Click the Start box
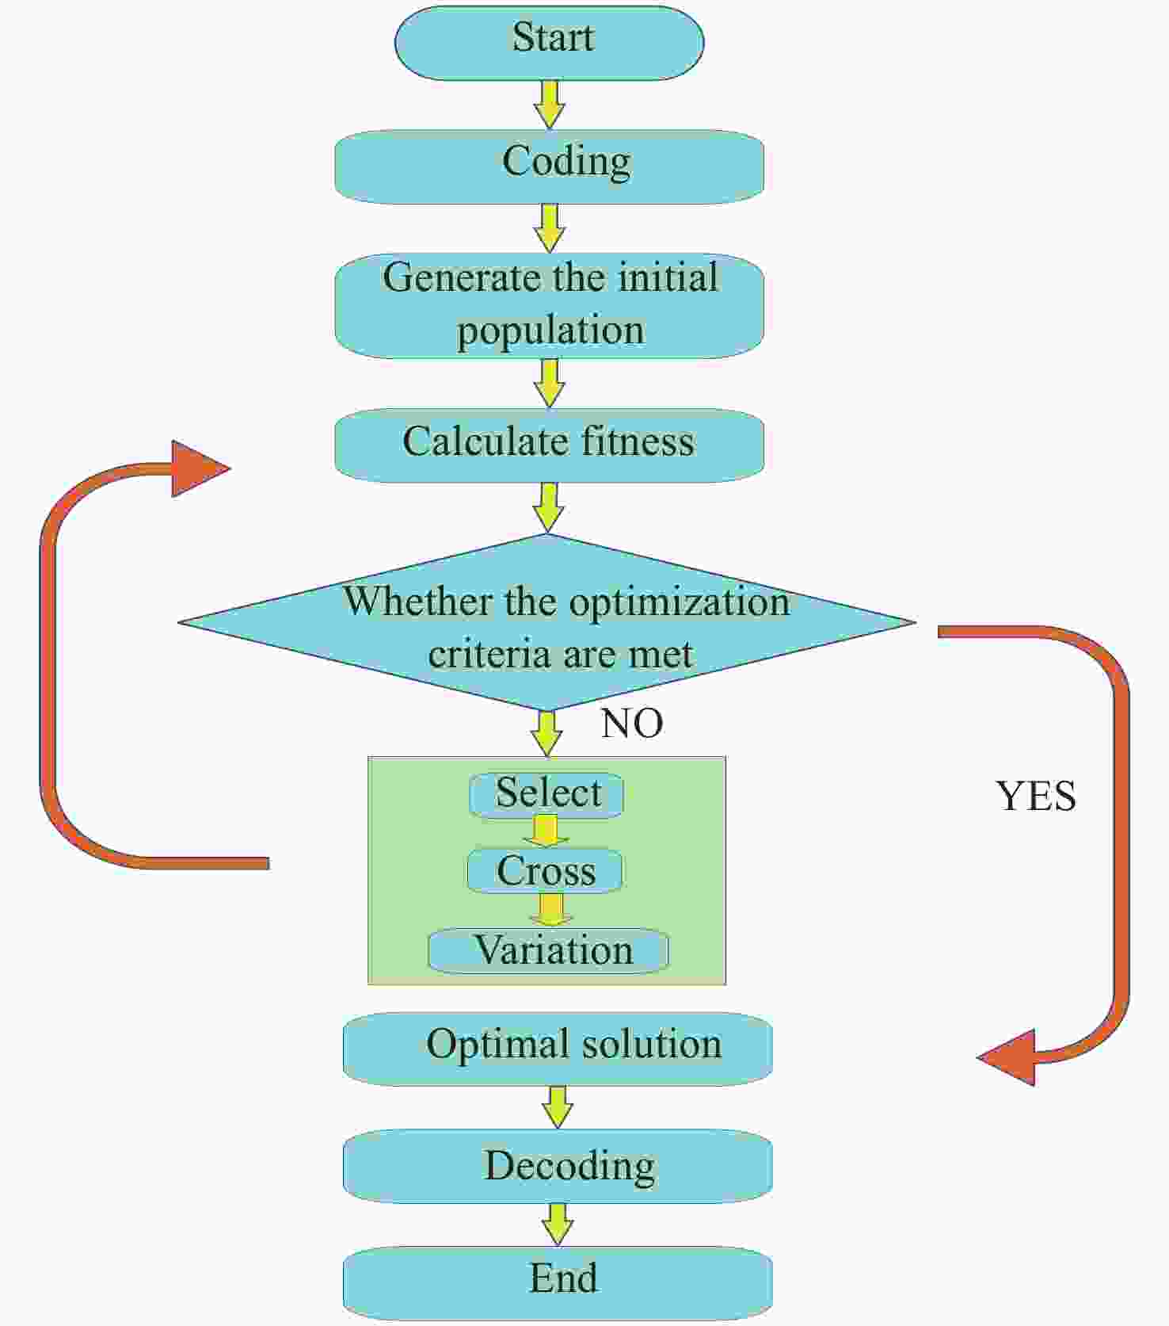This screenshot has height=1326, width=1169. coord(550,43)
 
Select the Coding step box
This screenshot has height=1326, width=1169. coord(549,166)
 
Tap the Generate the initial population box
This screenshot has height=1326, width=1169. coord(549,306)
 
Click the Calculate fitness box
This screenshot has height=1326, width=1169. coord(549,445)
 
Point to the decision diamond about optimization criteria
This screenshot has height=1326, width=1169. coord(547,622)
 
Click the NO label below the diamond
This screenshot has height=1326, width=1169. coord(632,723)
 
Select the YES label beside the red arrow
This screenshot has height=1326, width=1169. coord(1036,796)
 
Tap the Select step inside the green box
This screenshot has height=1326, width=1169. coord(546,795)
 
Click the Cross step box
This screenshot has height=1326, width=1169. coord(545,871)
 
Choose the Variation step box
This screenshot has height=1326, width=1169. coord(548,950)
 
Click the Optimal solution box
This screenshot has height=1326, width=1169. coord(558,1049)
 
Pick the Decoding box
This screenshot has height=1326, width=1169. coord(558,1166)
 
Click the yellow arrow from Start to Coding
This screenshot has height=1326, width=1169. coord(550,105)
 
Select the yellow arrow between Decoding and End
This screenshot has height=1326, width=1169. coord(558,1225)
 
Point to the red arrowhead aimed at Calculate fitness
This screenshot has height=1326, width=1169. coord(198,468)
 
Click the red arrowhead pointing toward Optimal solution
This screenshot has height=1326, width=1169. coord(1006,1057)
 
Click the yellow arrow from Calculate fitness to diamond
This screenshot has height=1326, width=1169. coord(548,507)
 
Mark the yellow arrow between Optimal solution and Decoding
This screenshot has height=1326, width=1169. coord(558,1107)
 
